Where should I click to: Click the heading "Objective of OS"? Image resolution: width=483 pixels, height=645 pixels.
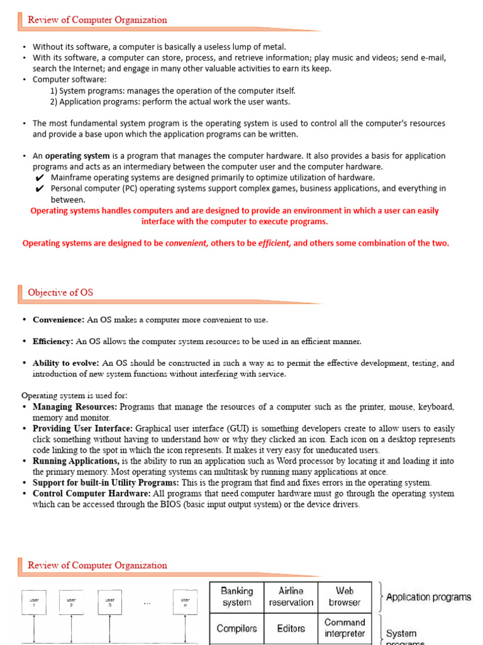point(60,292)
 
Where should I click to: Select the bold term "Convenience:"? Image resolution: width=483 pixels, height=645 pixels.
point(58,319)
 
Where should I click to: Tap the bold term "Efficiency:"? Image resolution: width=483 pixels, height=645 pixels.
point(53,341)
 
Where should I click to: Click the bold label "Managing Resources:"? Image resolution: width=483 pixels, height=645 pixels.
point(75,407)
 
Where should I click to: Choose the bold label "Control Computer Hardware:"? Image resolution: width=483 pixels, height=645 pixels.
point(91,494)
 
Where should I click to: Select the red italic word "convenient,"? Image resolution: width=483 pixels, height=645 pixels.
point(187,243)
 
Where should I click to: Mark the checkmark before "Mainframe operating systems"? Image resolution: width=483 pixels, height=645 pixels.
point(40,178)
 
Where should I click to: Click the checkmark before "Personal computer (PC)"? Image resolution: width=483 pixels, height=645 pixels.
point(40,188)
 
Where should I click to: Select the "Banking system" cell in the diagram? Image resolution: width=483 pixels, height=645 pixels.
point(236,596)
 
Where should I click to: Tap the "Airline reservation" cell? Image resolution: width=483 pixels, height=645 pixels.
point(291,596)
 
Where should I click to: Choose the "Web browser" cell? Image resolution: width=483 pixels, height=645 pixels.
point(345,596)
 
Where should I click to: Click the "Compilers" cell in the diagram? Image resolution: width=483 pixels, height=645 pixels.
point(236,628)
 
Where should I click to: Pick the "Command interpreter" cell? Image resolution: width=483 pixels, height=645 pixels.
point(345,628)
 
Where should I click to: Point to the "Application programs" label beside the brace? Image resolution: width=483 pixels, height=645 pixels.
point(428,597)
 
